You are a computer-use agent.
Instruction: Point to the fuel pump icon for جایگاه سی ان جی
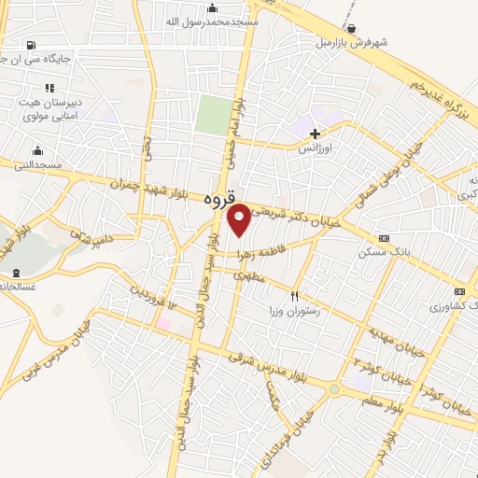coord(33,44)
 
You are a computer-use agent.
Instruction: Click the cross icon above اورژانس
coord(316,134)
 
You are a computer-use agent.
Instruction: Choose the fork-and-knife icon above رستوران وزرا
coord(295,297)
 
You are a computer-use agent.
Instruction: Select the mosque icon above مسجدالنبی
coord(37,150)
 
